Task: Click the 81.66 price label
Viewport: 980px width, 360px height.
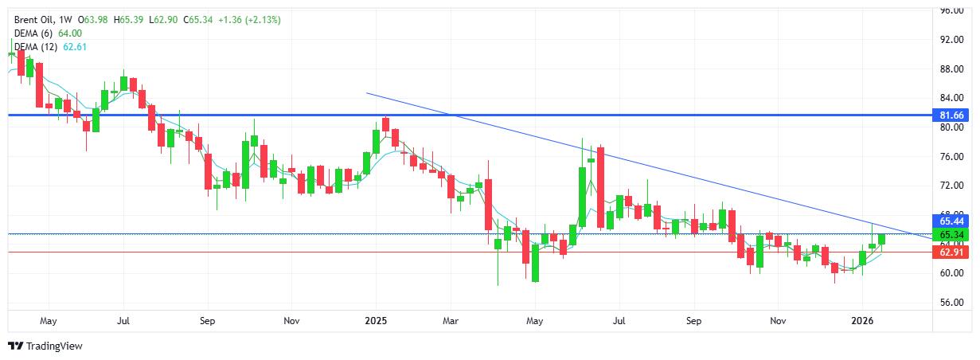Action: [x=952, y=115]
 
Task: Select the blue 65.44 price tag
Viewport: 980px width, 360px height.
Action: [x=952, y=221]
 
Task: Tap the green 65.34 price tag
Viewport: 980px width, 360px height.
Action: [x=952, y=235]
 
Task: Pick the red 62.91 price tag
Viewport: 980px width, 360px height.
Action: [x=952, y=252]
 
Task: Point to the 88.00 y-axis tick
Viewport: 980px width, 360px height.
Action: [x=952, y=68]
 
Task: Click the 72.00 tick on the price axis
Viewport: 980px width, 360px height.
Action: [x=952, y=186]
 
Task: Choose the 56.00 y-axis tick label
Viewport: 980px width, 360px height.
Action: [x=952, y=303]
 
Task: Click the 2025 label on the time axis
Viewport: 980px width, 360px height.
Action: [x=376, y=321]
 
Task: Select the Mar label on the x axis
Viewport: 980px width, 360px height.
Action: [x=451, y=321]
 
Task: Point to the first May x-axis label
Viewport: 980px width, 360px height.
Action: [x=48, y=321]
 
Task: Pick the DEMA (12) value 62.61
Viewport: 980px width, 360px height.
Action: [x=75, y=47]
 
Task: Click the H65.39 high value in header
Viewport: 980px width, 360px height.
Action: [x=132, y=19]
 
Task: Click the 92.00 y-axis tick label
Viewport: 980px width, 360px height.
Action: [x=952, y=39]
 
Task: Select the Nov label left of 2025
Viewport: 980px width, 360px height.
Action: [x=291, y=321]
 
